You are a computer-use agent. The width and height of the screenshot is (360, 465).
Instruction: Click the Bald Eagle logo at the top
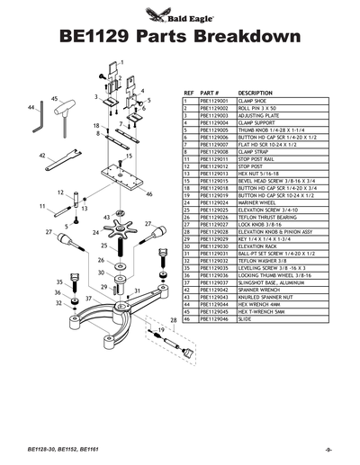tap(179, 13)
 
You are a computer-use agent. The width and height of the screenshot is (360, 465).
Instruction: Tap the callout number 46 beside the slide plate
tap(149, 193)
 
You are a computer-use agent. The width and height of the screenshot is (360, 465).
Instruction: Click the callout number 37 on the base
tap(89, 298)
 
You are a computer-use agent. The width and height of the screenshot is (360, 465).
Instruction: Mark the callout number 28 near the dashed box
tap(172, 319)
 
